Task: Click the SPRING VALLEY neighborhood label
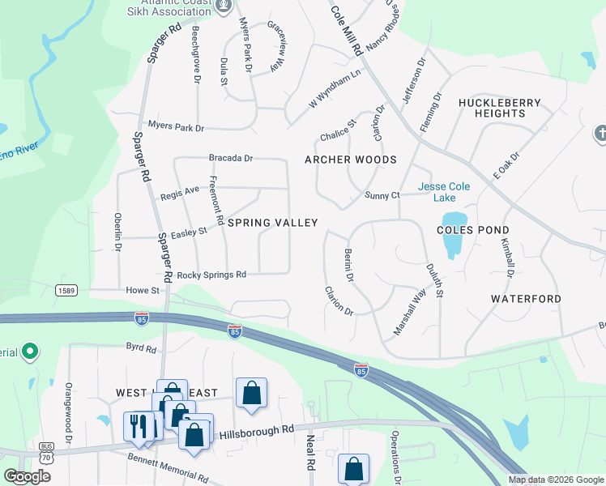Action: pos(271,223)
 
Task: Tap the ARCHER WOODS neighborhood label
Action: pos(350,160)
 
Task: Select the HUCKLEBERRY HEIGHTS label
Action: pos(492,108)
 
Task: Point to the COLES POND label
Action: pos(472,229)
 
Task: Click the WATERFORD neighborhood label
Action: pos(526,299)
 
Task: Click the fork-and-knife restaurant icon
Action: pos(139,425)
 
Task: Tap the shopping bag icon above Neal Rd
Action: pos(252,394)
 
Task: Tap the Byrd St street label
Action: pos(140,348)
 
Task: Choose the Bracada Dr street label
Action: pos(231,159)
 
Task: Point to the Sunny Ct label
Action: pos(382,196)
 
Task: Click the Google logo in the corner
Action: pos(28,476)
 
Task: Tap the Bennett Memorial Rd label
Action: pos(168,467)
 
